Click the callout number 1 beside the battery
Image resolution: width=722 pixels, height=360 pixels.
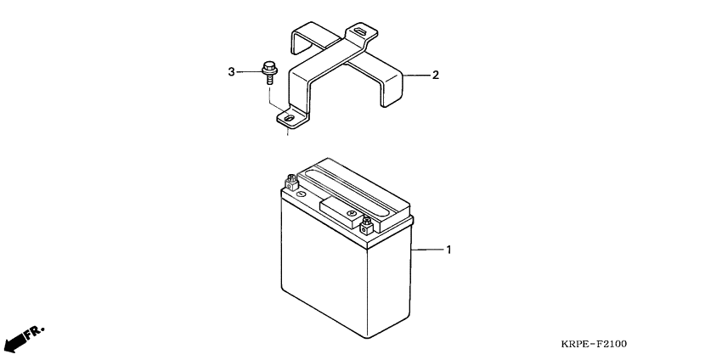[x=448, y=250]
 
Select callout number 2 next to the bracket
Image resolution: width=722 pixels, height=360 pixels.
[x=436, y=75]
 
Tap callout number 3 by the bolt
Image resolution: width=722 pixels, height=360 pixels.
[x=232, y=72]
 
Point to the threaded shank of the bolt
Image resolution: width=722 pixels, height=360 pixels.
[x=269, y=79]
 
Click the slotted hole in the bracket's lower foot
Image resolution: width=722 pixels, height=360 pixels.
[x=289, y=119]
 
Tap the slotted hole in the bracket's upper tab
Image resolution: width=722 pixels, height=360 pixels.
[x=360, y=31]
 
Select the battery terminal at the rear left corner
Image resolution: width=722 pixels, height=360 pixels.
[x=291, y=182]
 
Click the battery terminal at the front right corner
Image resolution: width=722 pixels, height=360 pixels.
[x=366, y=226]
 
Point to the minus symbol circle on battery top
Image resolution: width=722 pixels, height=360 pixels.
[x=301, y=194]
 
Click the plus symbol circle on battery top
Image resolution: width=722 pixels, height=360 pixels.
[x=352, y=213]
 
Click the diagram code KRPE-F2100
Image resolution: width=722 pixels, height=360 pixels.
[x=594, y=344]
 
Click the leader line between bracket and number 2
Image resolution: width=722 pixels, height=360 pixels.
[x=416, y=75]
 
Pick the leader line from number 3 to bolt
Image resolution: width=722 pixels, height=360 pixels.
[x=250, y=72]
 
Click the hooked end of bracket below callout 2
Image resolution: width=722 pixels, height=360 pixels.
[x=391, y=87]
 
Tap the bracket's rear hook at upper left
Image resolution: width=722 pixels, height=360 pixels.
[x=305, y=36]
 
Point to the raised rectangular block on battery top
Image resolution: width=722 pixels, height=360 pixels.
[x=341, y=211]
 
